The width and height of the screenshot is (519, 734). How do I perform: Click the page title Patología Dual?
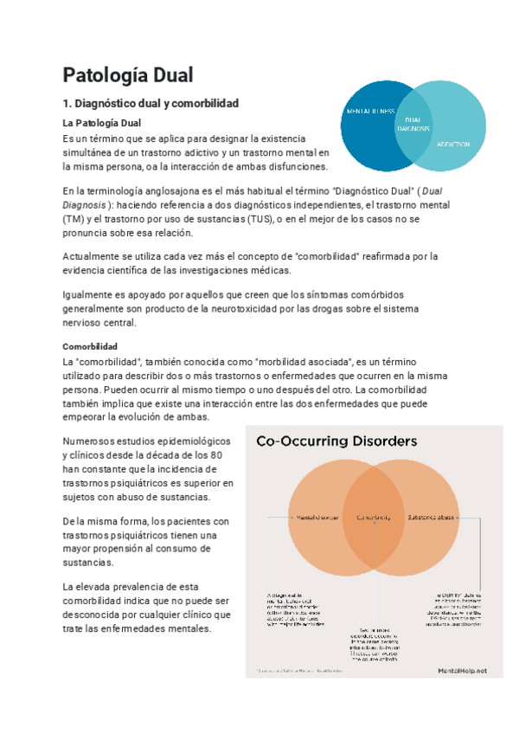tap(128, 74)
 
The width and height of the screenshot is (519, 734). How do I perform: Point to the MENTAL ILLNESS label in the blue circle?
tap(371, 112)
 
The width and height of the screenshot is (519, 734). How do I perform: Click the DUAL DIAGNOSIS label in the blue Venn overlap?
tap(413, 124)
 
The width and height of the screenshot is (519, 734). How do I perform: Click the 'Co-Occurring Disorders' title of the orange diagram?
tap(336, 441)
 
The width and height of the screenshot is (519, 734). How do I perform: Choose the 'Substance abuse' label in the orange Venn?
tap(432, 517)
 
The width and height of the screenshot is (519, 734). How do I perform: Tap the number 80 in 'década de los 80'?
tap(217, 455)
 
